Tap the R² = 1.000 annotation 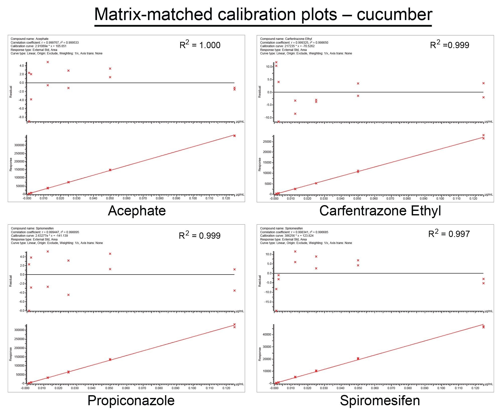200,45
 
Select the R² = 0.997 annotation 449,233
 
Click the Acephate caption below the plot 137,211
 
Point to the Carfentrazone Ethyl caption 380,211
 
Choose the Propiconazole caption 131,400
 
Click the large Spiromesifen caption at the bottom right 380,400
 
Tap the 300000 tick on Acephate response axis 19,145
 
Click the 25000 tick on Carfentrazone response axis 267,142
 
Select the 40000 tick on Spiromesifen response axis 267,335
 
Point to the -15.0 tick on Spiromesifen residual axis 268,302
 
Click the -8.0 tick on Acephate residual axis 21,117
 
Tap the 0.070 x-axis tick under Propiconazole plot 142,388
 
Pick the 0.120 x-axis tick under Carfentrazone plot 473,199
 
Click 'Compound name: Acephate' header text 30,39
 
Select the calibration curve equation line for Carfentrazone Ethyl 287,46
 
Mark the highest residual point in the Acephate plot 48,62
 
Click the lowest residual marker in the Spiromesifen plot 276,311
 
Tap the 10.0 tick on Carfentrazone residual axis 269,67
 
